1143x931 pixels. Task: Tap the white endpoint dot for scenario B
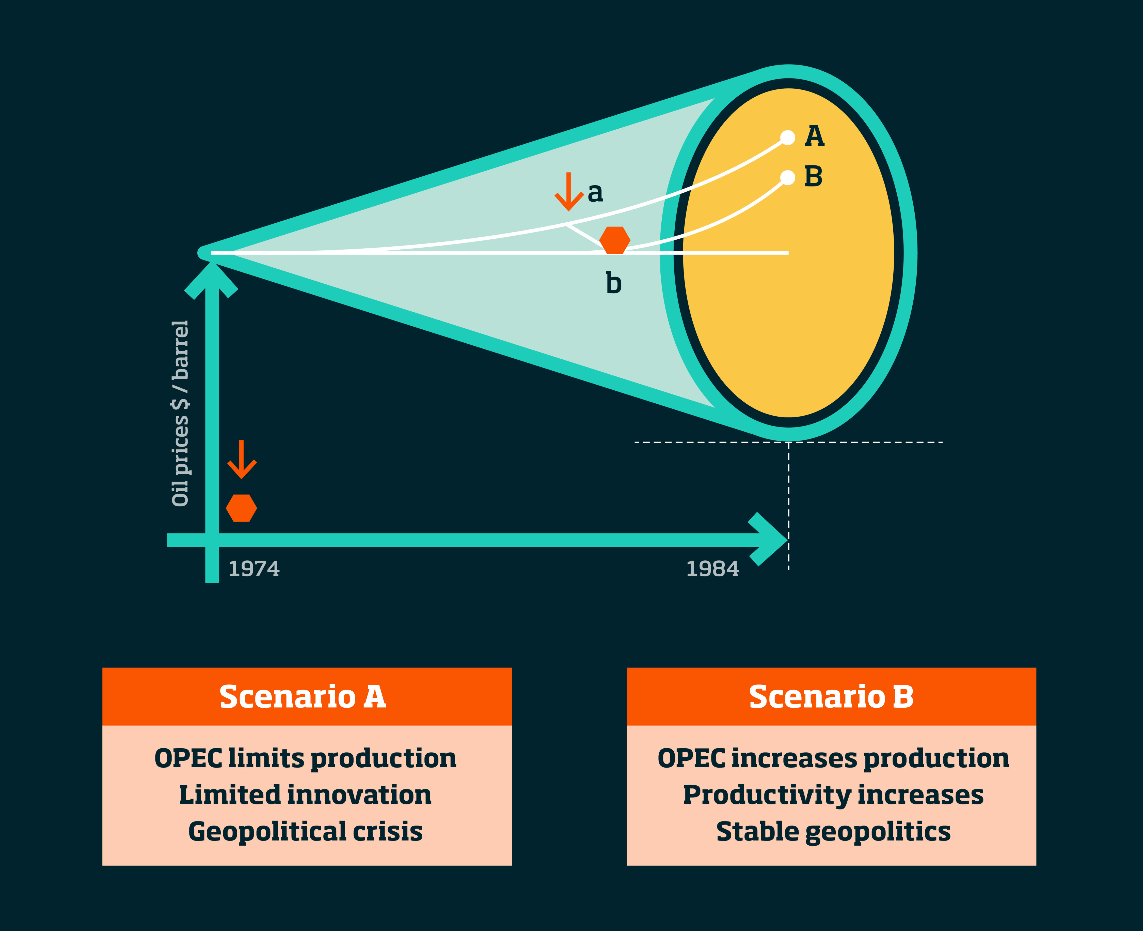tap(787, 177)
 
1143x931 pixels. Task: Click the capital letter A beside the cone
tap(814, 136)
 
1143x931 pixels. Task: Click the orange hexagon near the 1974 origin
tap(241, 508)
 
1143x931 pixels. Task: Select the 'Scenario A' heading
tap(303, 697)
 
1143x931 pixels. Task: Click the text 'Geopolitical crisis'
tap(306, 831)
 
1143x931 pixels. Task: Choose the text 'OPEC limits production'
tap(306, 758)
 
